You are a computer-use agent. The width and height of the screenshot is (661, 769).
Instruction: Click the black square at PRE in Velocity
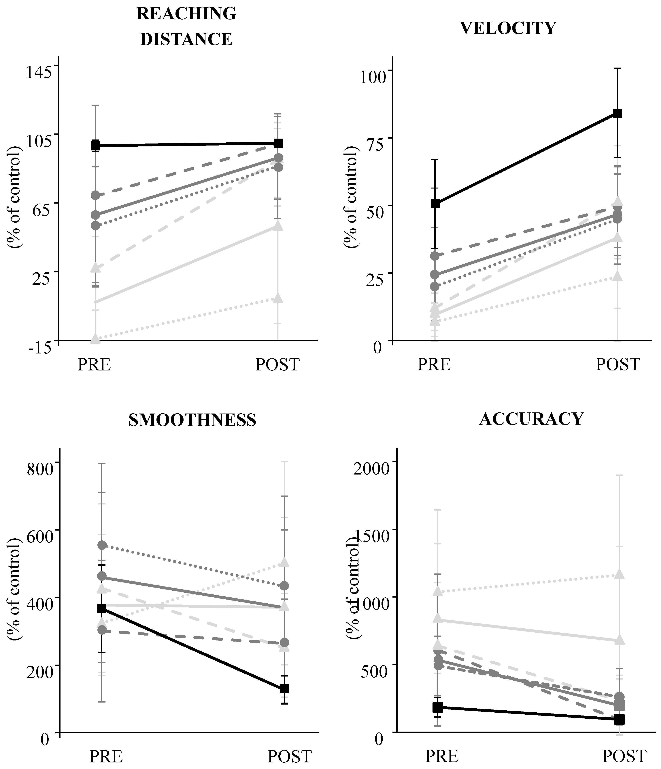(435, 203)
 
